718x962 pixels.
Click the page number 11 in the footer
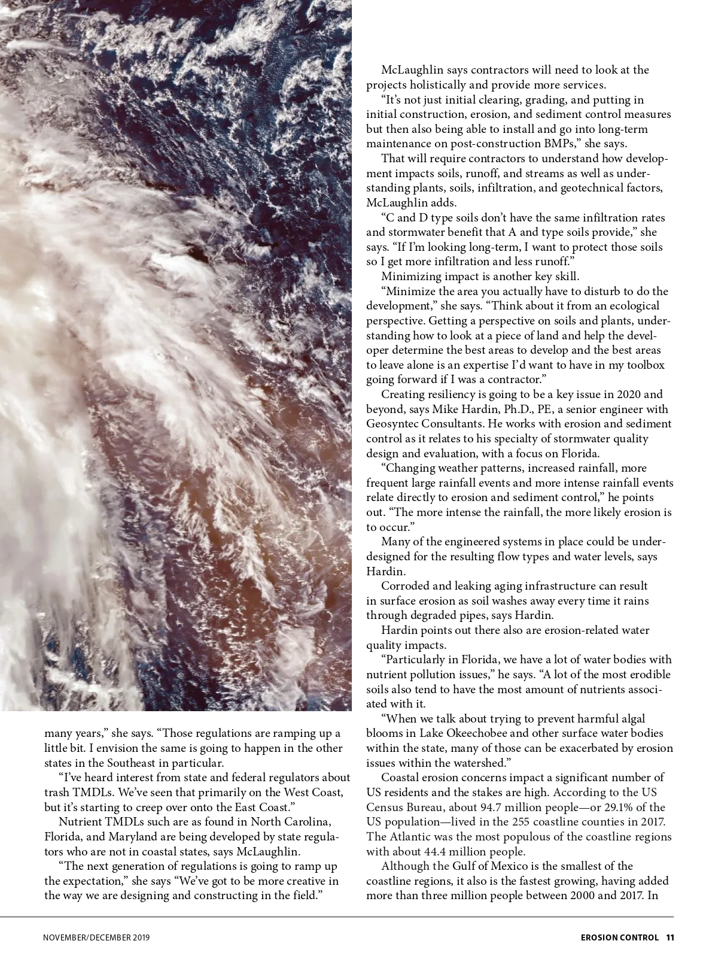(670, 937)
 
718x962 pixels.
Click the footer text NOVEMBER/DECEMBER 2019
(96, 937)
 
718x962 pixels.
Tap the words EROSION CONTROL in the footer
(619, 937)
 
